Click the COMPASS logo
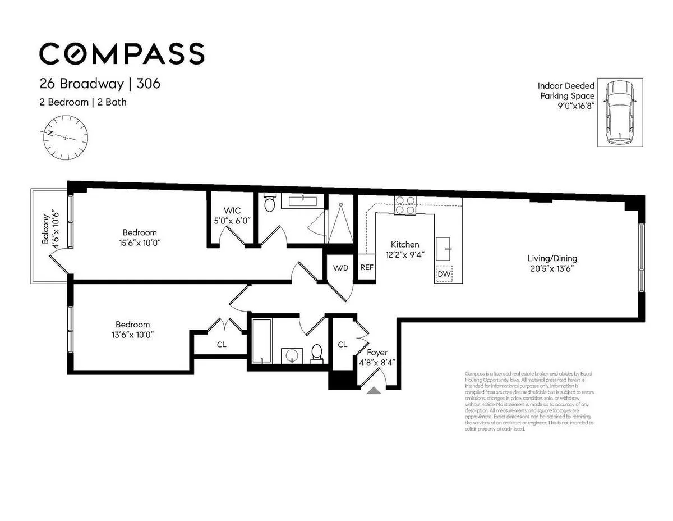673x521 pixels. point(122,53)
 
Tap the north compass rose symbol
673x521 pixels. point(67,136)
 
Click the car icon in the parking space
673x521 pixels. point(620,112)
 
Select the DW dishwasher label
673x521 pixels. point(444,274)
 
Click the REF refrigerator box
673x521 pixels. point(367,268)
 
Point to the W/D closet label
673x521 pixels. point(340,268)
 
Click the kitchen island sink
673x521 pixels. point(448,245)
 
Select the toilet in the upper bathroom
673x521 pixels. point(270,204)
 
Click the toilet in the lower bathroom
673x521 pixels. point(317,353)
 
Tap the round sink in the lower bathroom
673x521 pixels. point(292,356)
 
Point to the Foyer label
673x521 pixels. point(377,353)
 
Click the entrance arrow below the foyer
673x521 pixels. point(374,390)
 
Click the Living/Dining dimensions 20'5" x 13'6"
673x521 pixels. point(552,268)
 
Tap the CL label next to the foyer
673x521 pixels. point(342,344)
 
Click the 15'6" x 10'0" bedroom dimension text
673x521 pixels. point(140,242)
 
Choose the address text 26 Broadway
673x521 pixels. point(81,84)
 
